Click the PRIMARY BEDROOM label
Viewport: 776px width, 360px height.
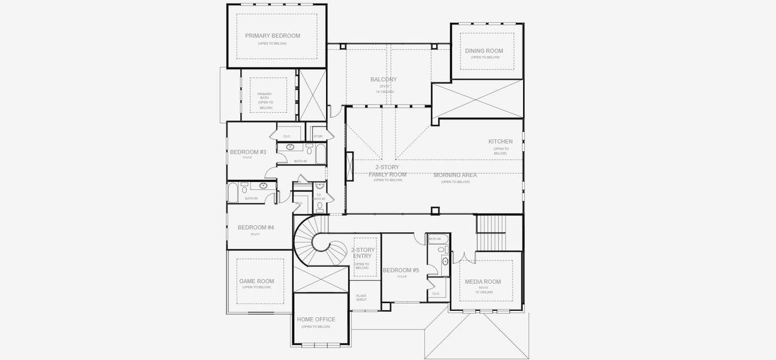click(x=273, y=36)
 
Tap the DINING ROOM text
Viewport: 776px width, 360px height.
click(x=484, y=51)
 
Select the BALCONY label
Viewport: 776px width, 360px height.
click(x=384, y=79)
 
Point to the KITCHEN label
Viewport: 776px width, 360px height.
click(x=500, y=142)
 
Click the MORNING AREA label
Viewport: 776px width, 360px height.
click(x=455, y=175)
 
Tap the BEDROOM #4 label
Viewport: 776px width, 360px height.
click(x=256, y=227)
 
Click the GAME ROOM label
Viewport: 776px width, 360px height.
click(x=256, y=281)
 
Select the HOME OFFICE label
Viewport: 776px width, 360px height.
click(x=316, y=319)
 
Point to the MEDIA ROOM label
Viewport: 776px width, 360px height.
click(x=483, y=281)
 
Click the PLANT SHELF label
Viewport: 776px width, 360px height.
click(x=361, y=298)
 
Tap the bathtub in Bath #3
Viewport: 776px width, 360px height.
click(x=321, y=154)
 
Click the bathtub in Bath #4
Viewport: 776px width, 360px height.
click(x=233, y=192)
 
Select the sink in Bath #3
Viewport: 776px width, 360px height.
click(x=290, y=147)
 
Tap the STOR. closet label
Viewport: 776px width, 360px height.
click(x=318, y=136)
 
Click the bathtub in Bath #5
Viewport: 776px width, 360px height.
click(x=435, y=239)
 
